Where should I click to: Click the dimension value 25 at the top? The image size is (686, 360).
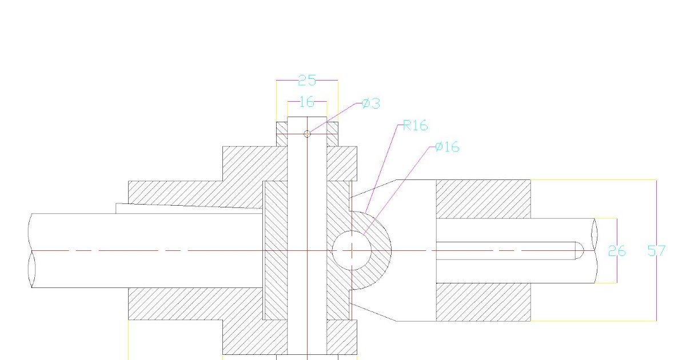point(307,81)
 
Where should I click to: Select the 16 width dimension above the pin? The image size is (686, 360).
point(307,102)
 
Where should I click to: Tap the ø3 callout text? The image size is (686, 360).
point(371,103)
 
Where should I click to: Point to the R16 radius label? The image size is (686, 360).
point(415,126)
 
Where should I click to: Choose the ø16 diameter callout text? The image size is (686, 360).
point(446,147)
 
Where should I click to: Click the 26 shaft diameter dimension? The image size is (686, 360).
point(617,251)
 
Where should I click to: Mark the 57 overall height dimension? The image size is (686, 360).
point(656,250)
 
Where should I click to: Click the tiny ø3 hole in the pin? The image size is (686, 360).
point(307,134)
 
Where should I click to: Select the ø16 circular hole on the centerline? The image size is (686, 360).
point(352,250)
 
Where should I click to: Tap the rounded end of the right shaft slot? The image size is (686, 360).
point(578,251)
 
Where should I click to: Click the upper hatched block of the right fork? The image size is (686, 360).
point(483,199)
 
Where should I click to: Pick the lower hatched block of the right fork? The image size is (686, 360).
point(483,302)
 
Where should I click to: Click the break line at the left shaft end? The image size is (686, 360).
point(31,250)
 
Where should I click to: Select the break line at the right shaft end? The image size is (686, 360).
point(595,250)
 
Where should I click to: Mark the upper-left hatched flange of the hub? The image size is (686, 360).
point(194,191)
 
